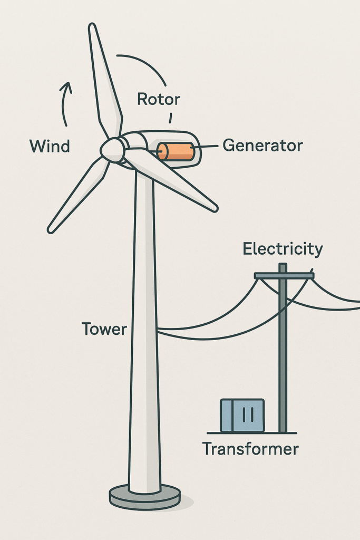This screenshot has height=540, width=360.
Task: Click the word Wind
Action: pos(50,146)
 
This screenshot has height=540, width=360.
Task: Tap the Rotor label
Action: pos(158,99)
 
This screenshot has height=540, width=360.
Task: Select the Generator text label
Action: pos(262,146)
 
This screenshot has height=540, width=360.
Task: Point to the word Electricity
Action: pos(283,249)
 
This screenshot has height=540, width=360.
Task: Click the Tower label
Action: pos(104,330)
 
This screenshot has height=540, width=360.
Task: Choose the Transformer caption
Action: pos(250,449)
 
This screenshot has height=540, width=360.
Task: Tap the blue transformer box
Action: pos(242,416)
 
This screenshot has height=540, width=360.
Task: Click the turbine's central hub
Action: pos(112,150)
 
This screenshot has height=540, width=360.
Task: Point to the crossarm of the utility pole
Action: pos(284,276)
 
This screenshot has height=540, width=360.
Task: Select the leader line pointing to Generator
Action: pos(209,146)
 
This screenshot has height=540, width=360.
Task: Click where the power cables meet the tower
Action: pos(158,331)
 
